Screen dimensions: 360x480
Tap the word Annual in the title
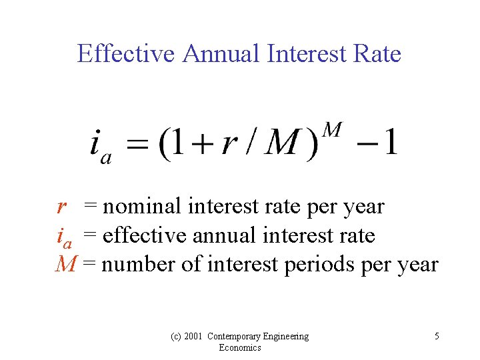(221, 53)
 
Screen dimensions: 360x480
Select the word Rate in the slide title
(377, 53)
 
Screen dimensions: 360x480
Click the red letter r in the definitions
(61, 207)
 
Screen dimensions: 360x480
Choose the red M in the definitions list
(65, 265)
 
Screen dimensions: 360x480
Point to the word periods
(320, 265)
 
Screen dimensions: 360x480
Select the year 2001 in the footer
(192, 336)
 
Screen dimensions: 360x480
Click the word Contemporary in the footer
(238, 336)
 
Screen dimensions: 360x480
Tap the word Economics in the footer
(239, 347)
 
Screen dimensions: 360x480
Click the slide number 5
(437, 336)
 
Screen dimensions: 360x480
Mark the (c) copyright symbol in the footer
(173, 336)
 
